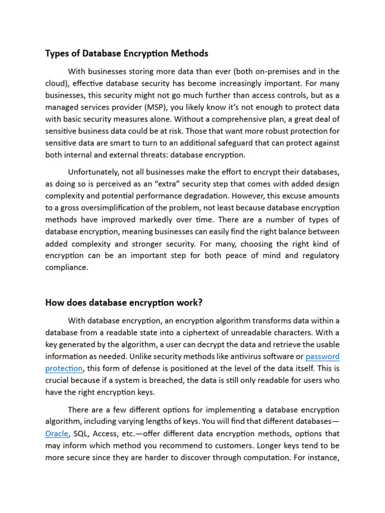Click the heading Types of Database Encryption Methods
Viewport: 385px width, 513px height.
(127, 53)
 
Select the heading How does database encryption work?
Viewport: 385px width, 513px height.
(124, 302)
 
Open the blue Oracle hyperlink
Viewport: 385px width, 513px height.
(56, 433)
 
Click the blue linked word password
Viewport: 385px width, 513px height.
(322, 356)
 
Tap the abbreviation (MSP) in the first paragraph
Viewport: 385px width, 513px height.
(187, 107)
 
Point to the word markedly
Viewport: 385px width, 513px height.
(187, 219)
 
